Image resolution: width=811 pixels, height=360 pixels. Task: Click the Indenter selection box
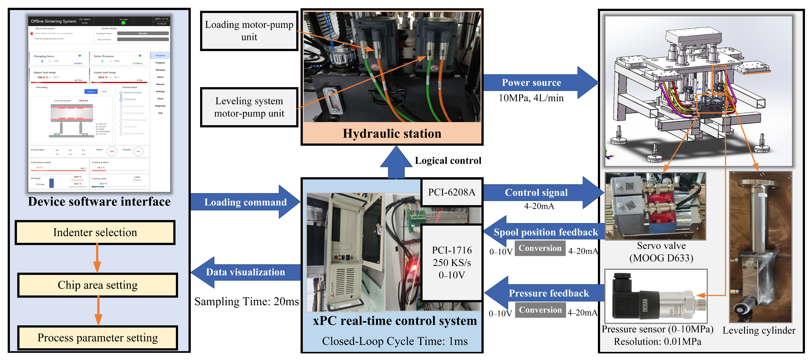[x=95, y=233]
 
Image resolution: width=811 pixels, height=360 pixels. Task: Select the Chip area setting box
[x=98, y=285]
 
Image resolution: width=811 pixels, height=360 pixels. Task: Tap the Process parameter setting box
[x=98, y=338]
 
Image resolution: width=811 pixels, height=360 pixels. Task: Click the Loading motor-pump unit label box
[x=249, y=31]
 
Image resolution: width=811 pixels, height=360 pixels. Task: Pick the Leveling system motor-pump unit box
[x=249, y=107]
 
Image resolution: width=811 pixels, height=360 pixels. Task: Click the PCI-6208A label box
[x=452, y=192]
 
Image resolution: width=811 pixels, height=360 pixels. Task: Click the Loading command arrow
[x=246, y=202]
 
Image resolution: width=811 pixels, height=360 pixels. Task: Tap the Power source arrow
[x=535, y=82]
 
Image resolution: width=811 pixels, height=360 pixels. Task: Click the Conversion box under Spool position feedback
[x=540, y=248]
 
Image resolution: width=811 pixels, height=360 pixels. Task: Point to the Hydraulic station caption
[x=392, y=133]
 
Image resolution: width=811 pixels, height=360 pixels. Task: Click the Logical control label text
[x=448, y=161]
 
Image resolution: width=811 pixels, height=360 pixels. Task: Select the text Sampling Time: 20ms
[x=246, y=302]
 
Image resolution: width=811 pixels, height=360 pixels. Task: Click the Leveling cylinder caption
[x=759, y=330]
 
